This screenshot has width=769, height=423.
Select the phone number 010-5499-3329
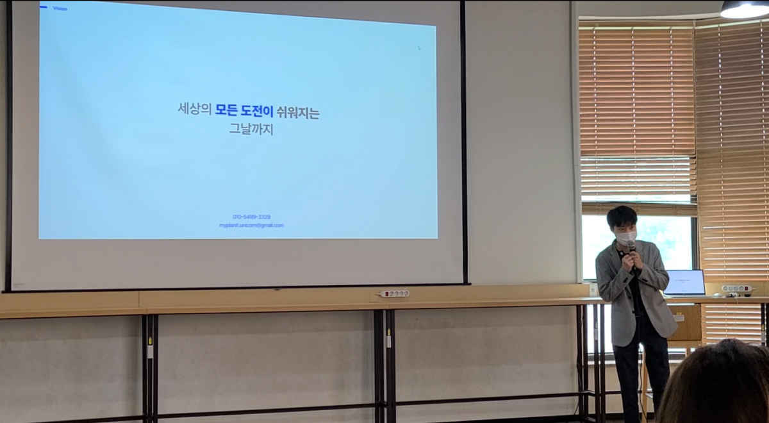tap(251, 217)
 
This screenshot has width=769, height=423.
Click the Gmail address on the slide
tap(251, 226)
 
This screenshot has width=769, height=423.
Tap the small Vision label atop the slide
tap(60, 9)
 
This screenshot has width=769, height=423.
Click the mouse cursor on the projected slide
tap(419, 47)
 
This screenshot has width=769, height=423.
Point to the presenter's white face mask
tap(625, 237)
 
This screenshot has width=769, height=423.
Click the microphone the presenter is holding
tap(631, 247)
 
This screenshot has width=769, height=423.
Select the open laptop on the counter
tap(684, 283)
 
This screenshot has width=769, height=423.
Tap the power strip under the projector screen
tap(394, 294)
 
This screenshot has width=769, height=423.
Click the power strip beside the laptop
tap(737, 289)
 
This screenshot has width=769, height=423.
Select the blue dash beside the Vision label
tap(44, 8)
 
